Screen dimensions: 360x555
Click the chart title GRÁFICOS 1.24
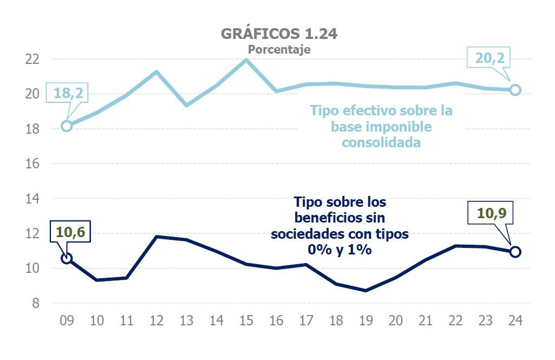pyautogui.click(x=279, y=34)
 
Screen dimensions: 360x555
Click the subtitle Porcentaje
pyautogui.click(x=279, y=49)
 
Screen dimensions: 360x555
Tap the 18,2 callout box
pyautogui.click(x=68, y=93)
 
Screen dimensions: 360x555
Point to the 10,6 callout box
pyautogui.click(x=70, y=233)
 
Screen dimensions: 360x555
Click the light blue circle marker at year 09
pyautogui.click(x=67, y=126)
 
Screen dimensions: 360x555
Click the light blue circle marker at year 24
pyautogui.click(x=515, y=89)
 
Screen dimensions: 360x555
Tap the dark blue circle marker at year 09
pyautogui.click(x=67, y=258)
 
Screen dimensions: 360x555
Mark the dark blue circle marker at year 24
pyautogui.click(x=515, y=252)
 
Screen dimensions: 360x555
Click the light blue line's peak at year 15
pyautogui.click(x=246, y=60)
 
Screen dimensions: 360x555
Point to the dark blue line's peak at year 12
pyautogui.click(x=156, y=237)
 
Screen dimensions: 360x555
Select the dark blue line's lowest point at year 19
pyautogui.click(x=366, y=291)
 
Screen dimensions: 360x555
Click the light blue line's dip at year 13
pyautogui.click(x=186, y=105)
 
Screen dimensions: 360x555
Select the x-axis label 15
pyautogui.click(x=246, y=320)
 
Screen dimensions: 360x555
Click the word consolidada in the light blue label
pyautogui.click(x=381, y=143)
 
